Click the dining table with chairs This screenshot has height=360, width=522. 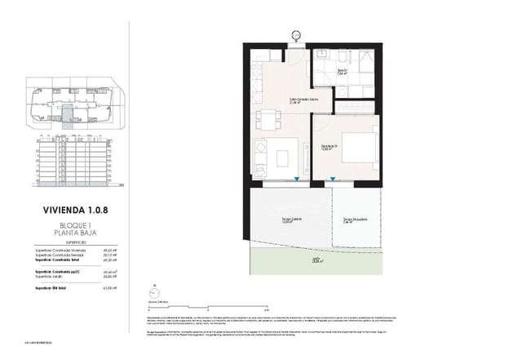(268, 121)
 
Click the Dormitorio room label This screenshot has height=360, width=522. (328, 148)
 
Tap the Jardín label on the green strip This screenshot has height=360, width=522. (316, 260)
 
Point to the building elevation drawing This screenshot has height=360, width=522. (73, 161)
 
